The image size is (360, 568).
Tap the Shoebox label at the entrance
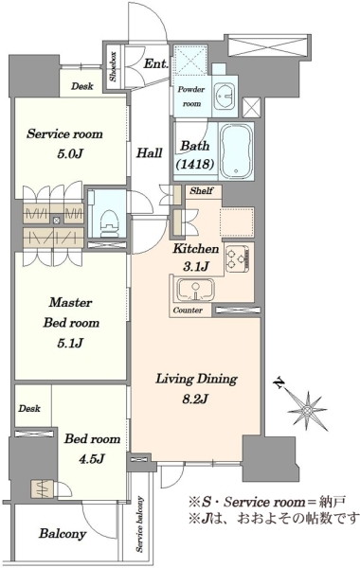(x=113, y=66)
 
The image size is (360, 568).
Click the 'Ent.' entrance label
(x=156, y=63)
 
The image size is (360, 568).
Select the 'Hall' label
(x=149, y=152)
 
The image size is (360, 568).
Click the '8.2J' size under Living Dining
(x=195, y=399)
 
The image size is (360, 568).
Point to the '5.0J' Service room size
(x=71, y=154)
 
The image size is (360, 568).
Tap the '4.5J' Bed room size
(x=92, y=459)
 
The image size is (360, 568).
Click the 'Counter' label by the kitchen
(x=188, y=311)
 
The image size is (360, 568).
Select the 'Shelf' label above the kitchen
(x=202, y=190)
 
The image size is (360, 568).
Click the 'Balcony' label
(x=63, y=533)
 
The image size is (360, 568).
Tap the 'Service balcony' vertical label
(x=140, y=524)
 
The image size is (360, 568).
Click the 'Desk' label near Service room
(x=81, y=86)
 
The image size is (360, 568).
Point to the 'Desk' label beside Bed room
(x=29, y=409)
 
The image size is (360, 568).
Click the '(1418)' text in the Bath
(x=194, y=164)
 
